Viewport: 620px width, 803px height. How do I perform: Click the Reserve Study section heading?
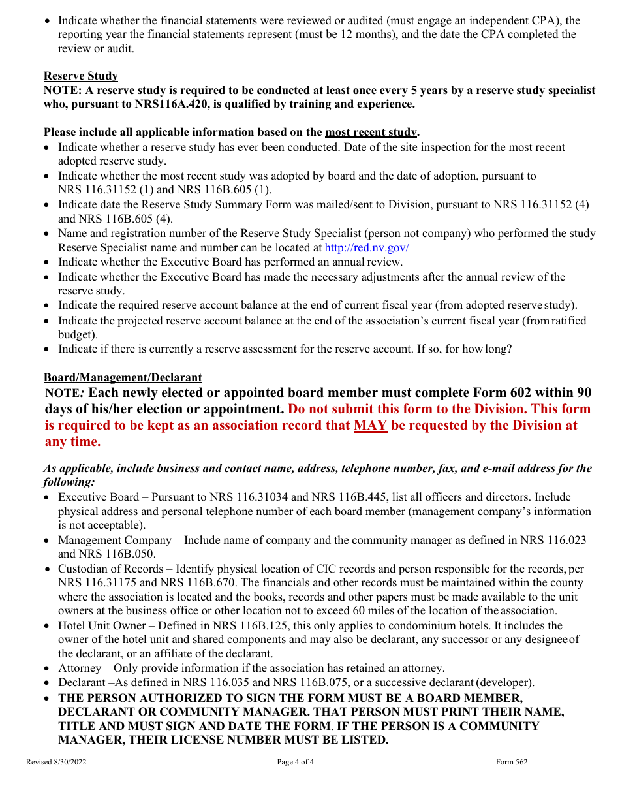click(x=80, y=76)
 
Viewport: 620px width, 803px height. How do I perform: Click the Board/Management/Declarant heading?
click(x=123, y=378)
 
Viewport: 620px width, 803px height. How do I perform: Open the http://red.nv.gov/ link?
click(x=367, y=248)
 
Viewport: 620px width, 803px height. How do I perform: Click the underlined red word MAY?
click(x=370, y=426)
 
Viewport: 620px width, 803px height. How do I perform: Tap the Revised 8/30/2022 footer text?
click(x=56, y=762)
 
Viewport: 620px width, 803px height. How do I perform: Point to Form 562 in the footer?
click(x=512, y=762)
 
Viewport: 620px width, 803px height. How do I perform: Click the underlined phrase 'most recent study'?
click(x=371, y=133)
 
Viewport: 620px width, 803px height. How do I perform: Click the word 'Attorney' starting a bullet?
click(x=80, y=669)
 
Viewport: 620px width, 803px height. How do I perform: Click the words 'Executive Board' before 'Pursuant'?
click(x=99, y=497)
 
